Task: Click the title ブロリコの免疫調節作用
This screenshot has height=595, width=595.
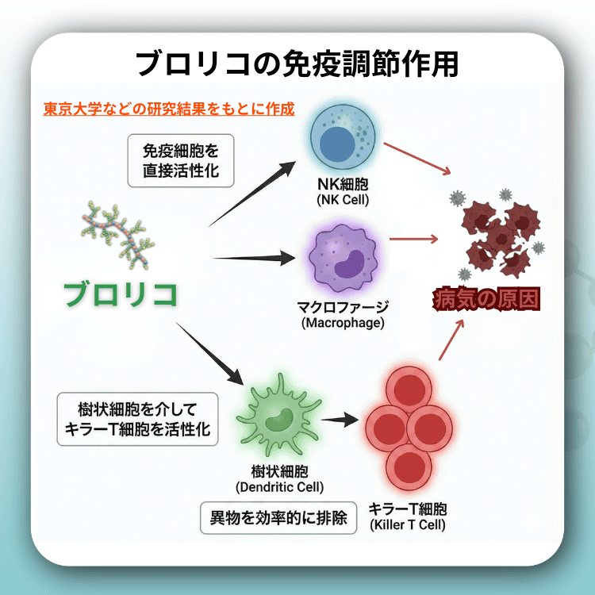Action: point(297,63)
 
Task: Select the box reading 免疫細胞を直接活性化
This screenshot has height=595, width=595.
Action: point(180,159)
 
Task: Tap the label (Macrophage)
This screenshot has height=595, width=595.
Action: point(343,324)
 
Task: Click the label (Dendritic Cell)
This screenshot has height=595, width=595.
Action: point(279,486)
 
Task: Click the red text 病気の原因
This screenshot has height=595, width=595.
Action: point(486,301)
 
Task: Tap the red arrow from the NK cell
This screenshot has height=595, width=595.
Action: point(418,159)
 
